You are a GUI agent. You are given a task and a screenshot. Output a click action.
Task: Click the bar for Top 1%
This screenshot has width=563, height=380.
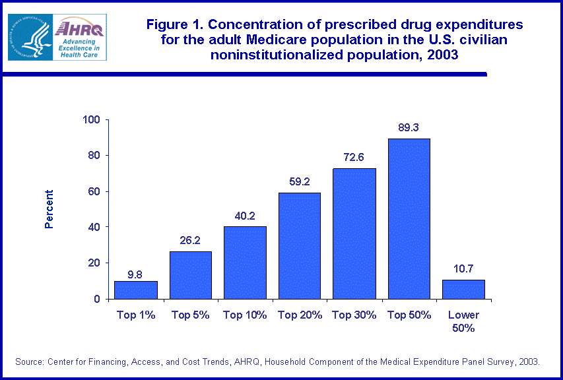coord(135,290)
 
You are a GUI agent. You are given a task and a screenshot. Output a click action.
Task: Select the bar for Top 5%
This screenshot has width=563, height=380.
coord(191,275)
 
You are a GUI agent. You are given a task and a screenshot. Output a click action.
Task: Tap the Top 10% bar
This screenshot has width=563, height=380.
coord(245,263)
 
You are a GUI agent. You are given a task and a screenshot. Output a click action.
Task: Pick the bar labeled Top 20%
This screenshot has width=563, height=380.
coord(300,245)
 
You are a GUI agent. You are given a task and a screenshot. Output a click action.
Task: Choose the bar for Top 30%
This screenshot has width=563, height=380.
coord(354,234)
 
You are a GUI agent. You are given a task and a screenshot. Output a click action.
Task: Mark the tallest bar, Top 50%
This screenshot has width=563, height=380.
coord(409,218)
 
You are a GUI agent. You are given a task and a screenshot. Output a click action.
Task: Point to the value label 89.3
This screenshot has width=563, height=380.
coord(409,128)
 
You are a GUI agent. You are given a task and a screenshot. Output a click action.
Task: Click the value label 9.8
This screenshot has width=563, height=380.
coord(135,270)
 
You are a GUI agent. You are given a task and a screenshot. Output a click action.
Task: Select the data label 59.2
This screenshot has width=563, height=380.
coord(300,182)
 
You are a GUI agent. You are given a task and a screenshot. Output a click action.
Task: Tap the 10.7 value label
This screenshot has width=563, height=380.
coord(463,269)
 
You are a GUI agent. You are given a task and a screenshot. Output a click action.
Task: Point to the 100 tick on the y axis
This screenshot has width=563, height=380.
coord(91,120)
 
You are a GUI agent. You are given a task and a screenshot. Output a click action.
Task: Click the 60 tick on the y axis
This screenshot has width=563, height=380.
coord(94,191)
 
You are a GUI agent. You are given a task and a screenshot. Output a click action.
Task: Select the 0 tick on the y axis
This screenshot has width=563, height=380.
coord(96,299)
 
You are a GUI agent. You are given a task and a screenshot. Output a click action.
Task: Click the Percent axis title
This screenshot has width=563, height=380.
coord(49,209)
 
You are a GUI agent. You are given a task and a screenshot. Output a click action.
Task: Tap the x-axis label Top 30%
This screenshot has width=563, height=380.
coord(354,315)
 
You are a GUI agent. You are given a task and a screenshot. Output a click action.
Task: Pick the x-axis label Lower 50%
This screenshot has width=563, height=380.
coord(463,321)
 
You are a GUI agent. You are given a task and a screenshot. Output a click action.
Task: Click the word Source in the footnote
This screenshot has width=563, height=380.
coord(31,362)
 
